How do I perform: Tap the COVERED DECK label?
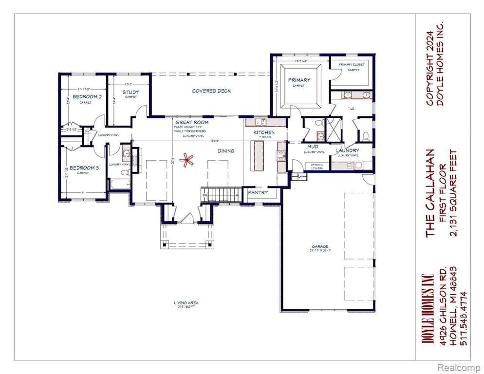coord(211,91)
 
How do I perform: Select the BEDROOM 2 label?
coord(87,97)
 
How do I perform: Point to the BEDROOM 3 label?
coord(84,168)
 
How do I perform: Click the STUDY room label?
coord(130,92)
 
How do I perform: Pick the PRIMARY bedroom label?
coord(299,80)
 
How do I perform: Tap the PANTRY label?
coord(258,192)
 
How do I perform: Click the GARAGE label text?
coord(320,246)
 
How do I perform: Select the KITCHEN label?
coord(263,132)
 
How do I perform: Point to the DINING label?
coord(226,151)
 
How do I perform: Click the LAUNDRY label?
coord(348,150)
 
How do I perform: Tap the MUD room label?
coord(313,146)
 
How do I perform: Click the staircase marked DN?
coord(222,194)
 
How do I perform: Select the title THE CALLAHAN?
coord(430,193)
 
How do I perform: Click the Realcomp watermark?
coord(458,366)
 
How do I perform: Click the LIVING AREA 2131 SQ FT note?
coord(186,304)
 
